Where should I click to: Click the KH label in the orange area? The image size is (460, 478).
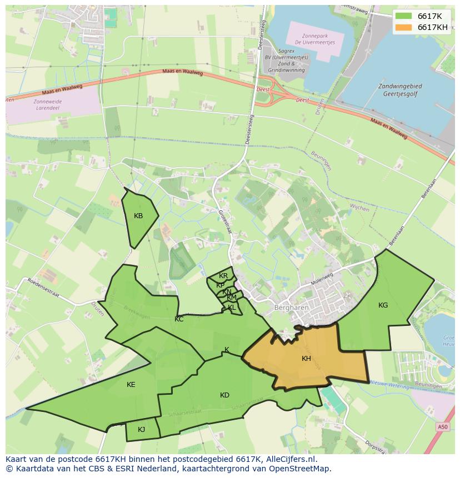point(306,359)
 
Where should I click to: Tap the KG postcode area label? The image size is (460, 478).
point(383,305)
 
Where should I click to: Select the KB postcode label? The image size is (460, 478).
point(138,216)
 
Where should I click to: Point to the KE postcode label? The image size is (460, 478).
point(131,384)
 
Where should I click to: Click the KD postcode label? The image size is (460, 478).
point(224,395)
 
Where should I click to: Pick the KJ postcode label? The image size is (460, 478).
point(141,429)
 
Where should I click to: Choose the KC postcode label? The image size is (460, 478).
point(179,319)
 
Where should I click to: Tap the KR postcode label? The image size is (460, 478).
point(223,276)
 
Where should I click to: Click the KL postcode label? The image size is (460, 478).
point(232,308)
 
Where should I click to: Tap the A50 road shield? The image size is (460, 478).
point(442,426)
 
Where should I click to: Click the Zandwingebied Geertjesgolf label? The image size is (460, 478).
point(399,90)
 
